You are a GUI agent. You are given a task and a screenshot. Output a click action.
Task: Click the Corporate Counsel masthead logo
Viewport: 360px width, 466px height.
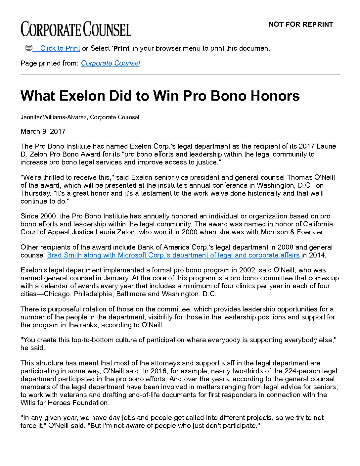(x=76, y=29)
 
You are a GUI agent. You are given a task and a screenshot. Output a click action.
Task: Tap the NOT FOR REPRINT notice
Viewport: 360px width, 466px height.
(x=301, y=24)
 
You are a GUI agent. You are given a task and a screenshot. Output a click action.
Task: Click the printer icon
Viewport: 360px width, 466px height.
(x=29, y=47)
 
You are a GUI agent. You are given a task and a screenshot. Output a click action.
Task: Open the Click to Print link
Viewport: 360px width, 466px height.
(x=60, y=48)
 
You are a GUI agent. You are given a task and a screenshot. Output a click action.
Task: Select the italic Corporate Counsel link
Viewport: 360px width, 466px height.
(x=110, y=63)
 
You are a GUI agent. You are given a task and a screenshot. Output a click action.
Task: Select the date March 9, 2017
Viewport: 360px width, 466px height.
(x=43, y=131)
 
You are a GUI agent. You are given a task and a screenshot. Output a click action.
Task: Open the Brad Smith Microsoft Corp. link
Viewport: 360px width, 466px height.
(x=174, y=255)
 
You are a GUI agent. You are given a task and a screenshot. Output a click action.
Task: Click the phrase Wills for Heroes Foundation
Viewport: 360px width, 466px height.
(x=65, y=403)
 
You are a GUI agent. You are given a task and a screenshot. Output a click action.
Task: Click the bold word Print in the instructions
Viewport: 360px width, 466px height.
(x=121, y=48)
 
